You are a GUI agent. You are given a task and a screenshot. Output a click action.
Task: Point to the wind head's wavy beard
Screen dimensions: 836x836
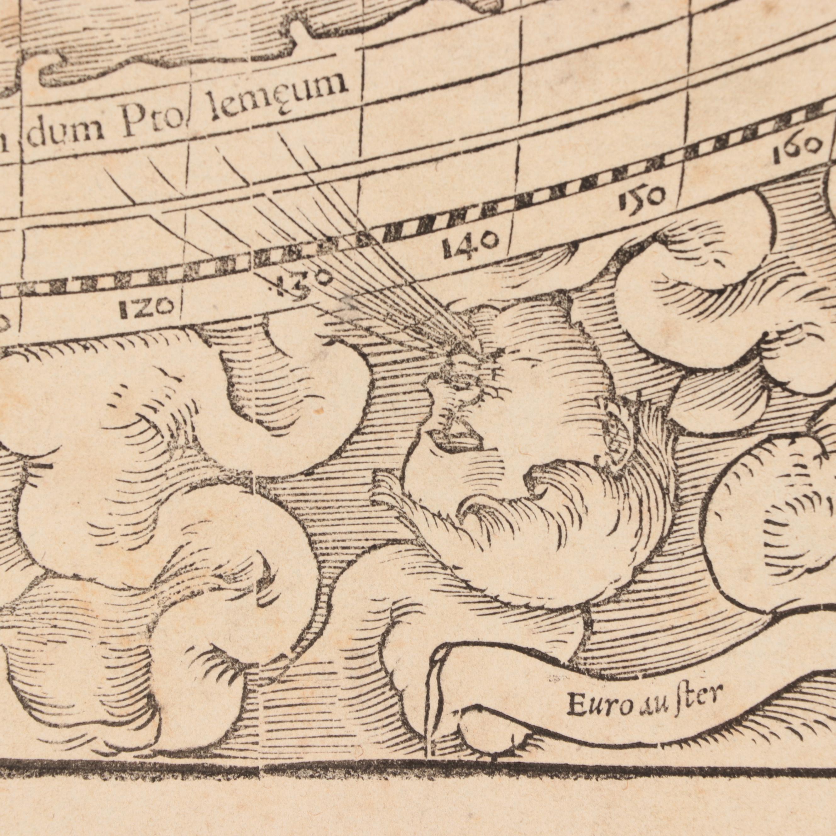(541, 541)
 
